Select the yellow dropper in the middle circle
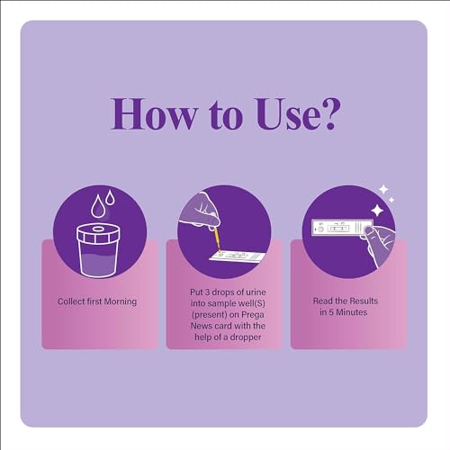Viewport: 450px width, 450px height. point(216,238)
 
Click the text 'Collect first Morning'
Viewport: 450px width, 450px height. point(97,301)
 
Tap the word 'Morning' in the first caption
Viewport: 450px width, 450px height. point(119,301)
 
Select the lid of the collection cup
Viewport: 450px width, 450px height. point(99,232)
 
